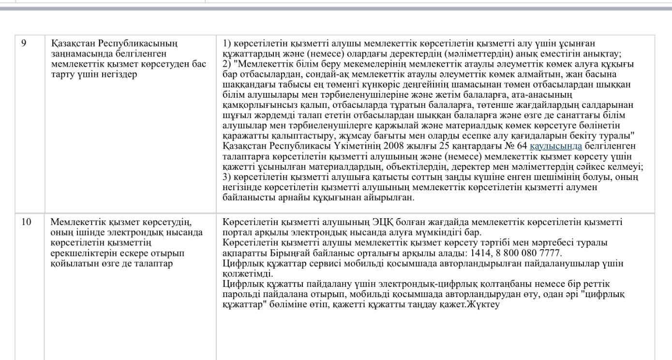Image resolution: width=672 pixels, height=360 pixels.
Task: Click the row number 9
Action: click(x=24, y=44)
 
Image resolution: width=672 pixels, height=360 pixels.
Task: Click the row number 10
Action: click(x=26, y=222)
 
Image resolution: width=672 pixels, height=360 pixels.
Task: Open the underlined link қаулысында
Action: click(x=556, y=146)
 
